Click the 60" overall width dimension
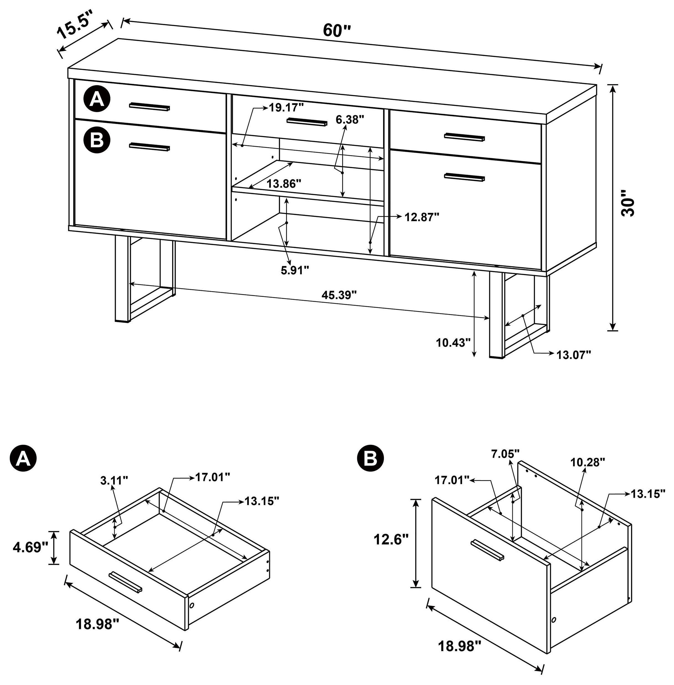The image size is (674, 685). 336,31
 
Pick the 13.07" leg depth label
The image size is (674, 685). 574,355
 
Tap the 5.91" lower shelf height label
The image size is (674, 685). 295,270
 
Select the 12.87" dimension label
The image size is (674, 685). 422,217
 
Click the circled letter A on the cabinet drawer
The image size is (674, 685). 97,100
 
